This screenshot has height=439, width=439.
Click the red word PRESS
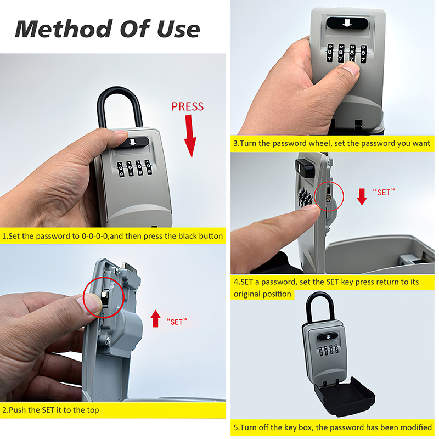(x=188, y=106)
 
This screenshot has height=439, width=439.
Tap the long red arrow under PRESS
(x=190, y=136)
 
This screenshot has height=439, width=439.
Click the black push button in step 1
(x=133, y=142)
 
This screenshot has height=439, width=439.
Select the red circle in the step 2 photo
(x=104, y=297)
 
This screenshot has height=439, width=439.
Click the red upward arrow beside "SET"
(x=156, y=318)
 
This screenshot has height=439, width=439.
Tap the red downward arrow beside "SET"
(x=362, y=196)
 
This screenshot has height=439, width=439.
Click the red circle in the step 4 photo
(x=329, y=196)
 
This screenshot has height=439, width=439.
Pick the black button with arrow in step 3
(x=347, y=23)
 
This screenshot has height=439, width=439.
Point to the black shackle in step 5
(x=320, y=307)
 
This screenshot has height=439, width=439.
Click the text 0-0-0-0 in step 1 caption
(x=94, y=236)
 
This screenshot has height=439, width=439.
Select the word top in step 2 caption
(x=93, y=410)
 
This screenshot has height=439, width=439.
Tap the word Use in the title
(x=178, y=29)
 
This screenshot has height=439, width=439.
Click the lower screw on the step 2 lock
(x=108, y=340)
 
